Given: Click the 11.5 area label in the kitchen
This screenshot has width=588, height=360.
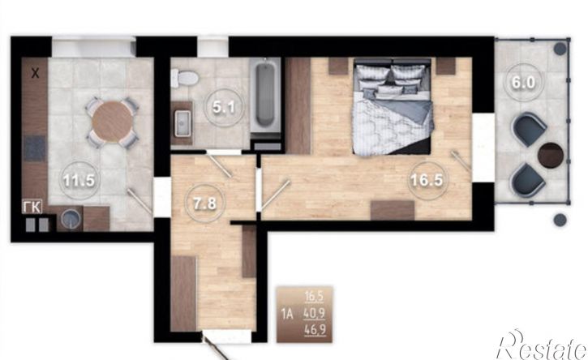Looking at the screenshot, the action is pyautogui.click(x=79, y=180).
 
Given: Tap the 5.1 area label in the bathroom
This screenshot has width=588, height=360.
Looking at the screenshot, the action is pyautogui.click(x=224, y=108).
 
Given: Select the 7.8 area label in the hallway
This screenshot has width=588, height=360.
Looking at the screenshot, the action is pyautogui.click(x=204, y=204).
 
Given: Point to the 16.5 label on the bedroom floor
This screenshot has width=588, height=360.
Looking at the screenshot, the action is pyautogui.click(x=427, y=180).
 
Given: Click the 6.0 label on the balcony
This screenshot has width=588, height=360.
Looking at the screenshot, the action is pyautogui.click(x=523, y=83).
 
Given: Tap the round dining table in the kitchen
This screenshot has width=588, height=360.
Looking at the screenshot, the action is pyautogui.click(x=113, y=122).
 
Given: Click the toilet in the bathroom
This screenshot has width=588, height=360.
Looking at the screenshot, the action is pyautogui.click(x=184, y=78).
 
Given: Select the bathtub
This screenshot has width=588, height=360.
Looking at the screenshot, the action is pyautogui.click(x=265, y=98).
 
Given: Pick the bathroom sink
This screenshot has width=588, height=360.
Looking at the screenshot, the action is pyautogui.click(x=182, y=123).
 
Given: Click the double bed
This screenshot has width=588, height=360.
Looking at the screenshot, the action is pyautogui.click(x=393, y=106).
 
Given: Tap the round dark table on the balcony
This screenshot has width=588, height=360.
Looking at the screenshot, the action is pyautogui.click(x=551, y=155).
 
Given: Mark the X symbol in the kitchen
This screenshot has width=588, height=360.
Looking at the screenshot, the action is pyautogui.click(x=35, y=74).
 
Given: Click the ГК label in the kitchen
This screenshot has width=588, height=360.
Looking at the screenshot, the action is pyautogui.click(x=32, y=207).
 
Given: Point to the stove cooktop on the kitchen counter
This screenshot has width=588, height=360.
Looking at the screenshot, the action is pyautogui.click(x=35, y=148).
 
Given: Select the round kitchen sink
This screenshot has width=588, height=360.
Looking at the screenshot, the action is pyautogui.click(x=71, y=219).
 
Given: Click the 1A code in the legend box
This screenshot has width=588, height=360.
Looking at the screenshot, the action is pyautogui.click(x=287, y=314).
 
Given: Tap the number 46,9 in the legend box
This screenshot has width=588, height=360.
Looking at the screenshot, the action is pyautogui.click(x=315, y=330).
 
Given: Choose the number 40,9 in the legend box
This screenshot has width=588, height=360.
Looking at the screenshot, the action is pyautogui.click(x=314, y=313).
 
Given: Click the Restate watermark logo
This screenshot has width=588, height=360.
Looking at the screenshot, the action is pyautogui.click(x=542, y=345).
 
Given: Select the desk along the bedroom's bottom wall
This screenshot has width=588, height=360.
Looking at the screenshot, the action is pyautogui.click(x=393, y=210).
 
